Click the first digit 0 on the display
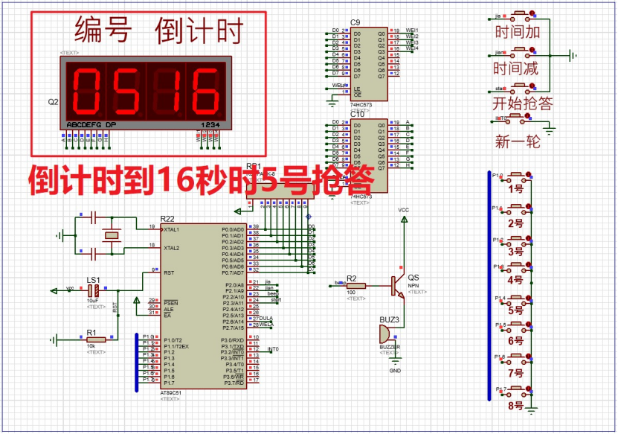point(86,90)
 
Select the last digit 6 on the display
point(202,90)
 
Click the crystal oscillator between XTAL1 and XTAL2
point(112,236)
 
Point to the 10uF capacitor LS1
point(94,289)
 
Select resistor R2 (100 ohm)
point(356,285)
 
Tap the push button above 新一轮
point(523,119)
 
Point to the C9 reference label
point(355,22)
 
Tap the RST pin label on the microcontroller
point(168,272)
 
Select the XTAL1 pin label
point(172,229)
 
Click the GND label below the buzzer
point(395,370)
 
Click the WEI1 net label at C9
point(411,31)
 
